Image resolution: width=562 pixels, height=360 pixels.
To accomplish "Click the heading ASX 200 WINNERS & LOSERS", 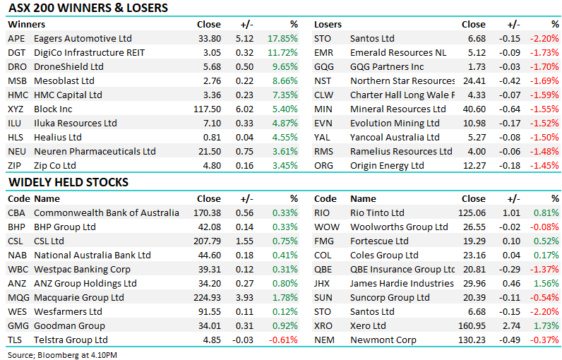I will pyautogui.click(x=88, y=8).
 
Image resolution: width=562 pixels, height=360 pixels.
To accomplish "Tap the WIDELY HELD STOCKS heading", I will pyautogui.click(x=68, y=183).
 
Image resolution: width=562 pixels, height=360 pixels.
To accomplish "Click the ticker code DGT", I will pyautogui.click(x=16, y=53).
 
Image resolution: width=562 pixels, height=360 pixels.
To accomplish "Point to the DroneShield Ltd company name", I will pyautogui.click(x=68, y=67).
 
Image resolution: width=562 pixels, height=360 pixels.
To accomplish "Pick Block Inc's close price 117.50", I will pyautogui.click(x=207, y=109).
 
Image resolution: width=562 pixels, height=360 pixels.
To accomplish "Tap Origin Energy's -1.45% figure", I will pyautogui.click(x=544, y=166).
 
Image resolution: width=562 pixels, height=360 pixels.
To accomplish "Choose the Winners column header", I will pyautogui.click(x=25, y=25).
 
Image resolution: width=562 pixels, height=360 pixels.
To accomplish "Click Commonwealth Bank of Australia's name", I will pyautogui.click(x=107, y=213).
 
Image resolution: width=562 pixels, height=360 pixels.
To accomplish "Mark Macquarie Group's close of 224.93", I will pyautogui.click(x=207, y=298).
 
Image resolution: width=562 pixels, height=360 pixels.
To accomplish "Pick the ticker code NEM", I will pyautogui.click(x=325, y=340).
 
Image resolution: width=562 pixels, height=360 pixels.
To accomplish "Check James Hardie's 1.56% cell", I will pyautogui.click(x=546, y=284).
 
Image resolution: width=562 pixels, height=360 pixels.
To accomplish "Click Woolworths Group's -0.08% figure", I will pyautogui.click(x=544, y=227).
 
